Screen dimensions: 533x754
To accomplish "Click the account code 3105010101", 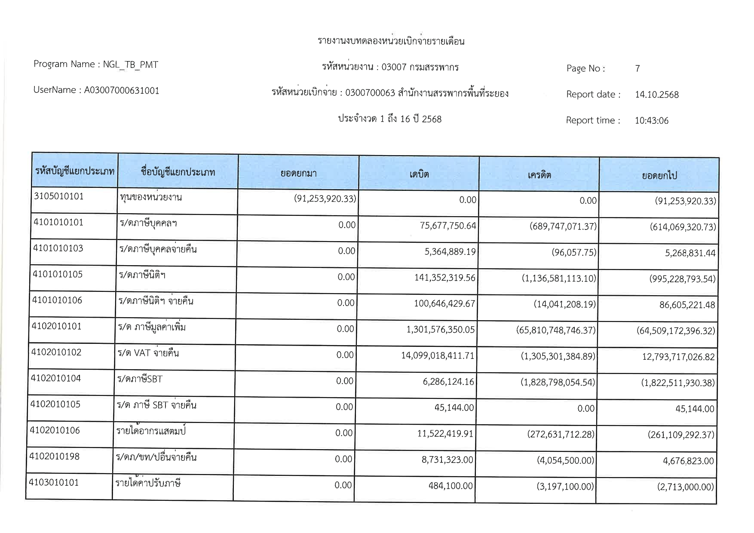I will click(59, 196).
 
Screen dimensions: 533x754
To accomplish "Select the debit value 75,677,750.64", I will click(448, 226).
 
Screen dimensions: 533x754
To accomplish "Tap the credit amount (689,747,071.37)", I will click(563, 226).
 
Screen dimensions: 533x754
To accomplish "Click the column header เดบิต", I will click(419, 174).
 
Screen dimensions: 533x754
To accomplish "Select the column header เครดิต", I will click(539, 175).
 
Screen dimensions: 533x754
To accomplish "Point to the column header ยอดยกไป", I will click(659, 175).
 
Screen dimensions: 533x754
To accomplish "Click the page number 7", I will click(638, 68).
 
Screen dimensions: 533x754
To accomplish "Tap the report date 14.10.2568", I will click(656, 95).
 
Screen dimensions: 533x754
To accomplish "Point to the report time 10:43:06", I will click(651, 121).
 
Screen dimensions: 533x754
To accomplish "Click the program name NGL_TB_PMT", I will click(130, 65).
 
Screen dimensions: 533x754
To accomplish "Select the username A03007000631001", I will click(122, 91).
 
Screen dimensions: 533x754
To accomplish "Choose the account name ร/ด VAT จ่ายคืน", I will click(148, 353).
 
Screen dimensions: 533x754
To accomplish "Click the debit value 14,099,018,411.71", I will click(438, 356).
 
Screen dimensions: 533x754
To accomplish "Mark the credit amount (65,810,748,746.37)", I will click(556, 330).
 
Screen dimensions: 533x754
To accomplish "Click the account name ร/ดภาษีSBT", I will click(140, 379).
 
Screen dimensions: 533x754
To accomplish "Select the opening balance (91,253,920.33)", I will click(325, 199).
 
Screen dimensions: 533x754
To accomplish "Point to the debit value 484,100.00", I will click(450, 486).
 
